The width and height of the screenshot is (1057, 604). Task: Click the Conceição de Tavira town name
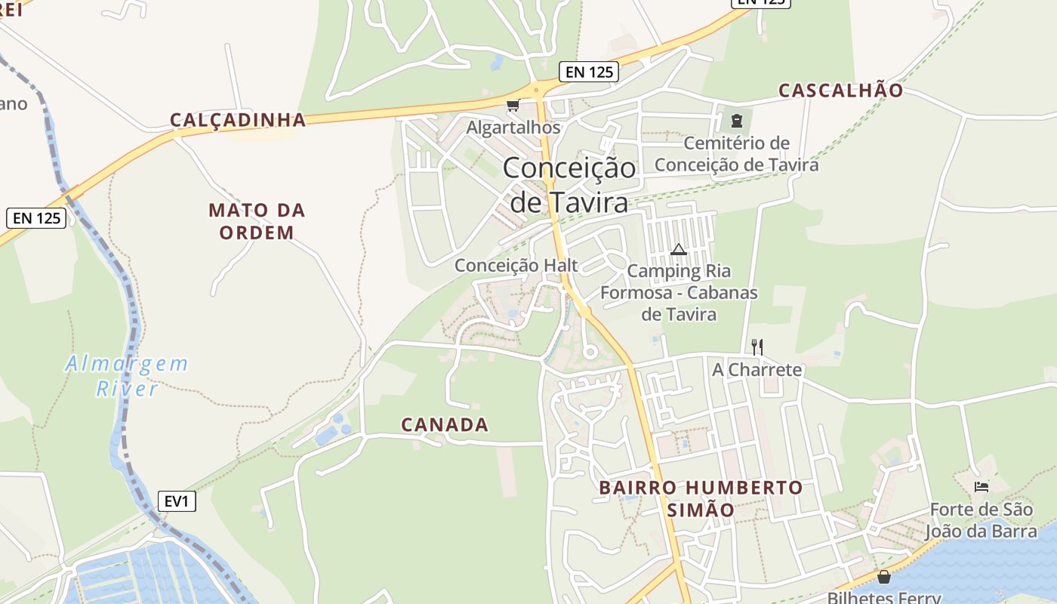569,185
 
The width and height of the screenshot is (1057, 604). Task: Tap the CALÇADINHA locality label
238,120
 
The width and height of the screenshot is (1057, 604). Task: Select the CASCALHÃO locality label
840,91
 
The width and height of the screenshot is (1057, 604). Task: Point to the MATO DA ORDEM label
257,221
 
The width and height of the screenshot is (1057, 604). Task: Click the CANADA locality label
445,425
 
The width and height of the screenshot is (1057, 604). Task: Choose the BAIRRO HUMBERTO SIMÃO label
701,498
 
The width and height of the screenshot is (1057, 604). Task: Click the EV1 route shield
177,501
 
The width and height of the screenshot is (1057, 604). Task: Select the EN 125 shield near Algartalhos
589,72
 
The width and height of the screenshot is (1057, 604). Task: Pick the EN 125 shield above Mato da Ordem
36,218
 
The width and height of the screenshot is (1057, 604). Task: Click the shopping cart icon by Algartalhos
513,105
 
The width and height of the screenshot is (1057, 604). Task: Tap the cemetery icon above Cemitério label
736,119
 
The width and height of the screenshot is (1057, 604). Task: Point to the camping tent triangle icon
678,249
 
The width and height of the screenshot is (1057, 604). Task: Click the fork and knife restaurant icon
757,347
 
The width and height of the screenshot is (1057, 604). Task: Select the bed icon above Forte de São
981,487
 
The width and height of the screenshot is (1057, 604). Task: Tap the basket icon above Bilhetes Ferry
884,577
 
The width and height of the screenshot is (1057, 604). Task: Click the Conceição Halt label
516,265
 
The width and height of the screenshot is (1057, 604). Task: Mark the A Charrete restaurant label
757,370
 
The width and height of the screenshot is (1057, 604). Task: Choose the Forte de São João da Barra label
981,520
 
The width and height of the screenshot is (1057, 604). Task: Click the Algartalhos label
513,128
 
